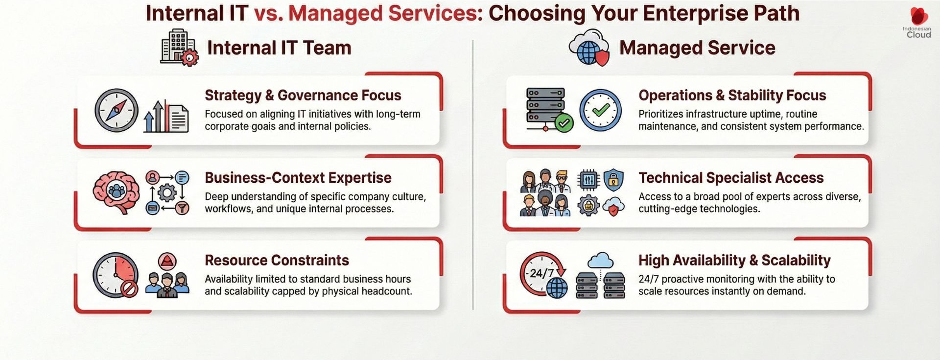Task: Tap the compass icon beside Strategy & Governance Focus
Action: tap(116, 110)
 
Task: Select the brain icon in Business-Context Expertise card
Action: tap(116, 192)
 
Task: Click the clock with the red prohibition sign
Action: tap(116, 275)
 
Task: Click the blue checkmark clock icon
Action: tap(601, 110)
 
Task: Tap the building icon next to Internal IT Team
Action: tap(179, 48)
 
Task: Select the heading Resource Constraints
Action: tap(277, 260)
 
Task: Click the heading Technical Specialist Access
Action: tap(731, 178)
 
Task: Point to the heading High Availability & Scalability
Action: tap(734, 260)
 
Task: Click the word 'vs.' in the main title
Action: tap(268, 13)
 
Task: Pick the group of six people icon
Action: tap(545, 193)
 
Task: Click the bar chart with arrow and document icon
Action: tap(166, 117)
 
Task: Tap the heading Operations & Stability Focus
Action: tap(732, 95)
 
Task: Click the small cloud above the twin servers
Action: tap(600, 260)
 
